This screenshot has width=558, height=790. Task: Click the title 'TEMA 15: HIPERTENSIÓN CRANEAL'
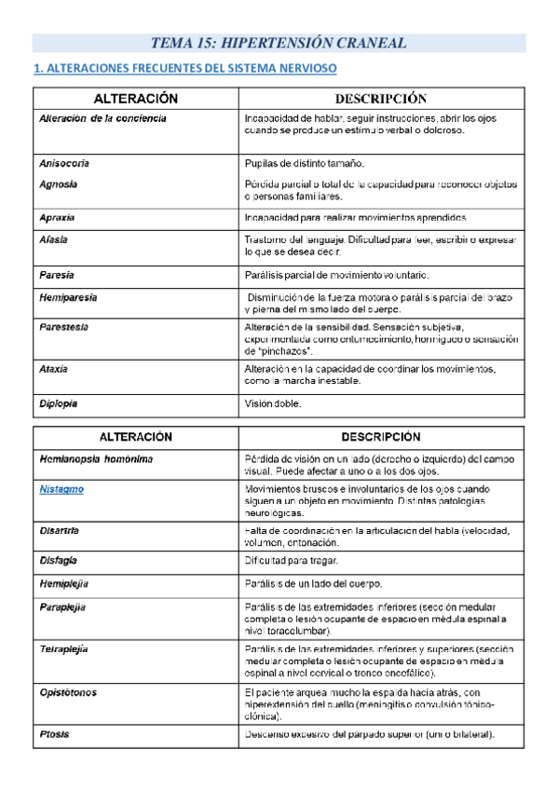click(279, 43)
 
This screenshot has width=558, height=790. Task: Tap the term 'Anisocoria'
click(64, 163)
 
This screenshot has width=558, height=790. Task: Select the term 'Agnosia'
click(59, 184)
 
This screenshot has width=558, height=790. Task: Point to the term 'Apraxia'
click(58, 218)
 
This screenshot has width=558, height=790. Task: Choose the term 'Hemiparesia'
click(69, 297)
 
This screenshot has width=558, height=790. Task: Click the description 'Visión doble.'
click(273, 404)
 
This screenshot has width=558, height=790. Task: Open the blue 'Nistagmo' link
click(61, 488)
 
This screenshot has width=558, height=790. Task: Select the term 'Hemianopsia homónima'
click(97, 459)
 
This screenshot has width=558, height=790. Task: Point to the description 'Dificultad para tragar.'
click(292, 560)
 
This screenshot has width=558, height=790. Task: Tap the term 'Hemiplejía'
click(64, 584)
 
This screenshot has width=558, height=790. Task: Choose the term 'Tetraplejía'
click(64, 648)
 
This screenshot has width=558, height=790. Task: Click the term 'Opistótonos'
click(68, 693)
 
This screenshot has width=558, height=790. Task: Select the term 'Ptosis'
click(55, 735)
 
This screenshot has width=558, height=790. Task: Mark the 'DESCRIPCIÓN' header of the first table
click(380, 99)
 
